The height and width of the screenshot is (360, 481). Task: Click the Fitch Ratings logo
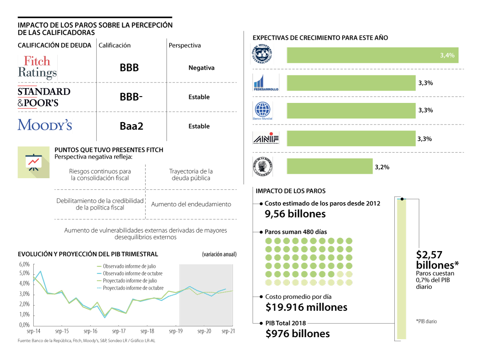click(x=38, y=67)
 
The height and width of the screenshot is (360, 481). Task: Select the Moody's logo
click(x=44, y=125)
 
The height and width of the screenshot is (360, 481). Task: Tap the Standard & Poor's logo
click(x=44, y=97)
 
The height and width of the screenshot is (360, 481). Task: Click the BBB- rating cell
click(x=131, y=97)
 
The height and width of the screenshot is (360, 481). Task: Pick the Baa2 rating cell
click(x=131, y=127)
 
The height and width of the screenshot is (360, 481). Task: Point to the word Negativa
click(x=201, y=68)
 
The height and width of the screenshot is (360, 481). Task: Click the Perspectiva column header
click(x=184, y=45)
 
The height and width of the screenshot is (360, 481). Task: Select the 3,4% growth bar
click(x=372, y=55)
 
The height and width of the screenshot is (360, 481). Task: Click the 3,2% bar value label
click(x=382, y=167)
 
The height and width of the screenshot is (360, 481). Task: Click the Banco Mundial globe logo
click(x=263, y=109)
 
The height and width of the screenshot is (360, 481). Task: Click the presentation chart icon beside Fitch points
click(x=33, y=162)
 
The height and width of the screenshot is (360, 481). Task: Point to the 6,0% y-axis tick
click(x=24, y=265)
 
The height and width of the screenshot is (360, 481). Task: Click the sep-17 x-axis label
click(x=119, y=332)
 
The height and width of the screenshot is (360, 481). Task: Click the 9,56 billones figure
click(x=295, y=214)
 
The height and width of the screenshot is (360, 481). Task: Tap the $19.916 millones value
click(x=306, y=307)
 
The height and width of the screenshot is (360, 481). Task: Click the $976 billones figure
click(x=297, y=333)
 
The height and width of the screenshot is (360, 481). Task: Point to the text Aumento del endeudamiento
click(x=191, y=204)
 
